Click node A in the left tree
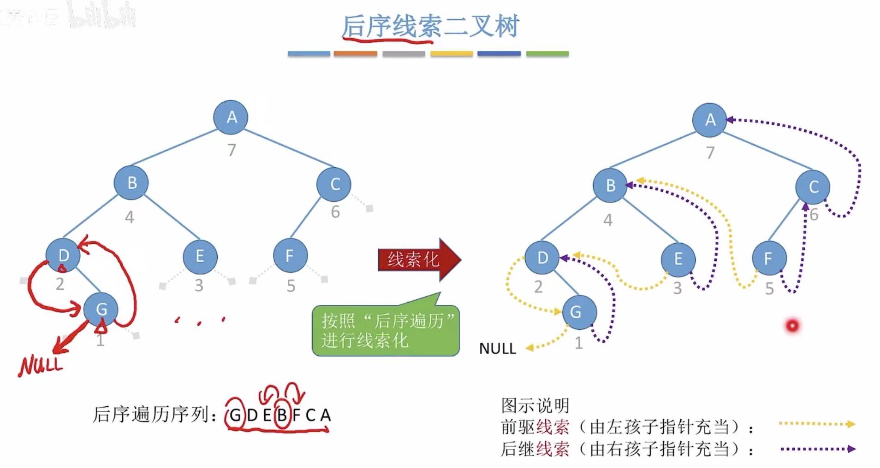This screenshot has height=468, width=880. (x=231, y=117)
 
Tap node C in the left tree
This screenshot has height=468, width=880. (x=334, y=184)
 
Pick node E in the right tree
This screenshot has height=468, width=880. (x=678, y=259)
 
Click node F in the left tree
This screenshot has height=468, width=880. (x=290, y=256)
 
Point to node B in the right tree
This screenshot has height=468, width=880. (x=610, y=185)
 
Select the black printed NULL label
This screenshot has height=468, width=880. (x=497, y=349)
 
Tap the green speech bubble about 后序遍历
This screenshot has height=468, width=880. (x=386, y=330)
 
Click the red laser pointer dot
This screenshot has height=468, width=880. (x=792, y=326)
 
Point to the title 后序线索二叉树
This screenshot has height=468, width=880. (x=430, y=26)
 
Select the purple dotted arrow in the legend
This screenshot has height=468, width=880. (x=817, y=449)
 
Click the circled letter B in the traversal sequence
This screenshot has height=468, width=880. (x=281, y=415)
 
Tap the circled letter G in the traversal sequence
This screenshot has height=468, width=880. (x=235, y=415)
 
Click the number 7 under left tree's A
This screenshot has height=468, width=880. (x=232, y=150)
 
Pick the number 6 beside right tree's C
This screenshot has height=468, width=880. (x=814, y=215)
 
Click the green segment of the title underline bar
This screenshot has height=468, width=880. (x=547, y=54)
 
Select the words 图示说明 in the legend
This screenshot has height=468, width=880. (x=535, y=405)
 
